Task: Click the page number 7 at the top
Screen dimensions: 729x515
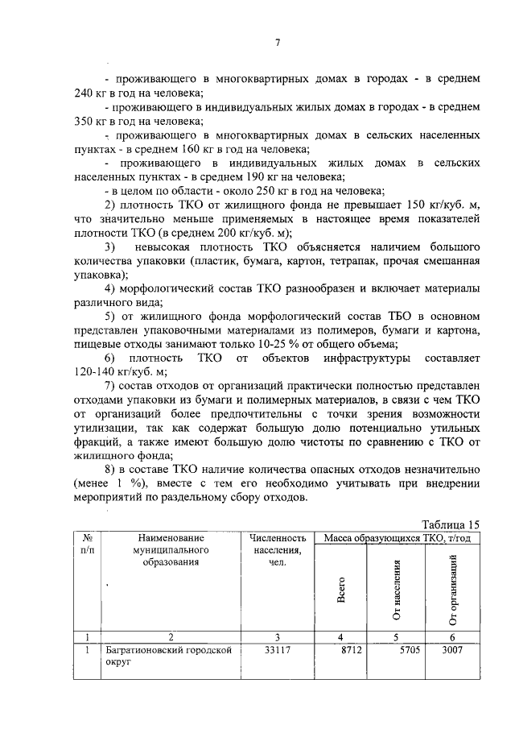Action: point(278,43)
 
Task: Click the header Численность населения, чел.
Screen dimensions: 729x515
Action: point(278,549)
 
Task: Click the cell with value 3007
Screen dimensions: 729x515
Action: point(452,650)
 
